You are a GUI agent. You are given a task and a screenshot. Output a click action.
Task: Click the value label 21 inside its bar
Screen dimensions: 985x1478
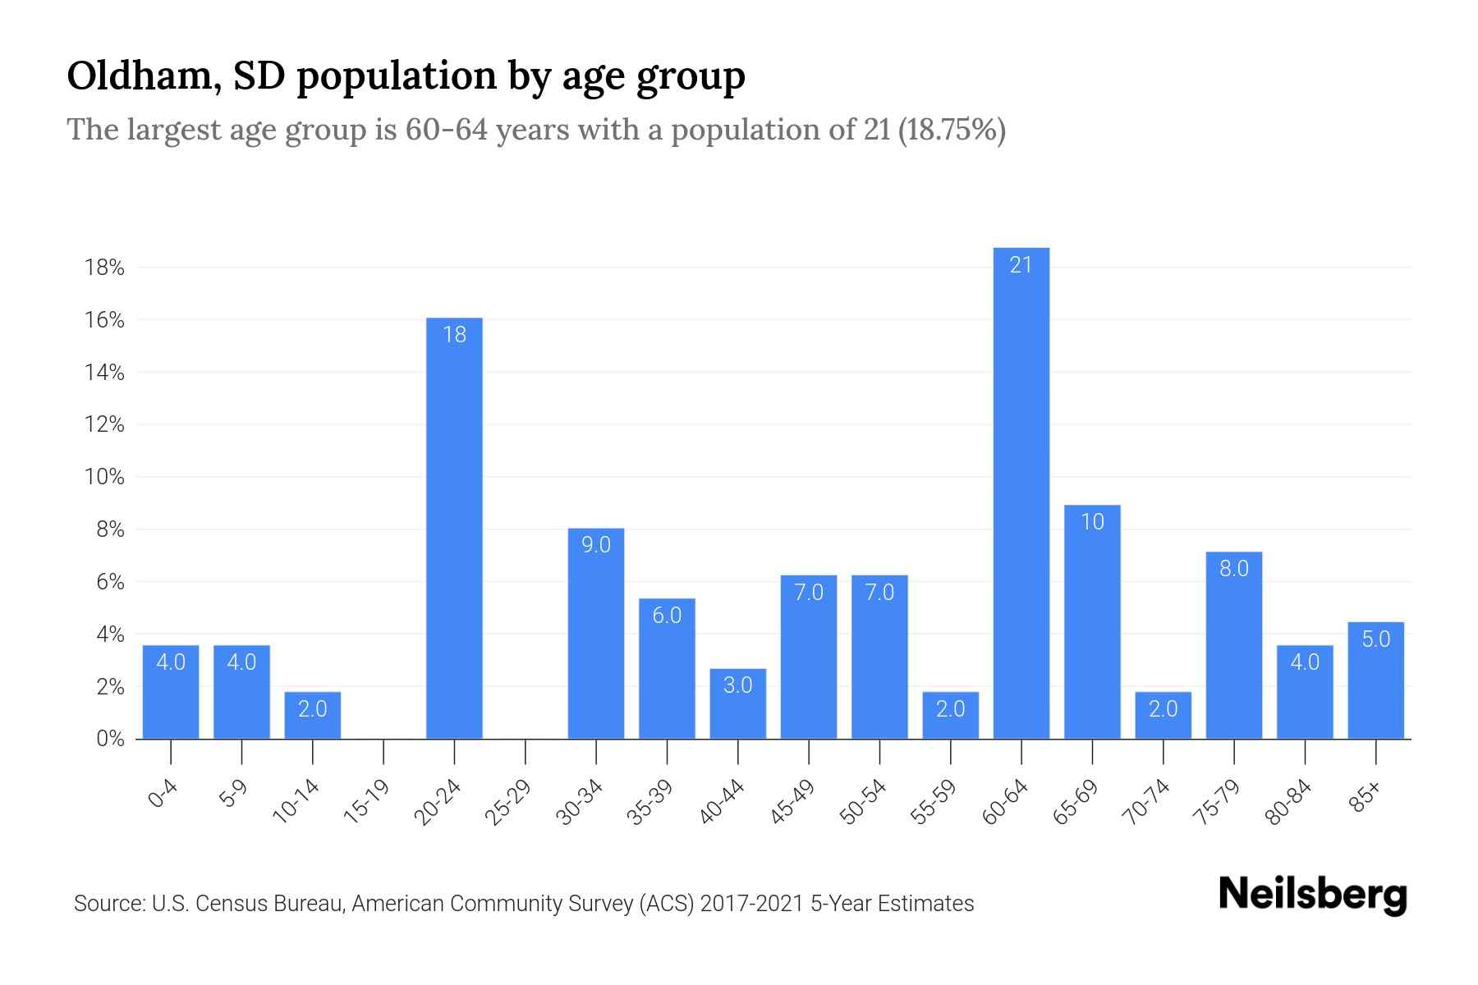(x=1021, y=265)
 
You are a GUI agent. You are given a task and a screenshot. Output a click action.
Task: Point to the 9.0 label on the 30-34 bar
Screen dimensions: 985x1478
(x=596, y=545)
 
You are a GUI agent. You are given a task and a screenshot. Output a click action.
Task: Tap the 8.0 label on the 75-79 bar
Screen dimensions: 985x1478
(x=1233, y=569)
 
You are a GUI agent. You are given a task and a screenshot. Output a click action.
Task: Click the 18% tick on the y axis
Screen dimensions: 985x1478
(x=103, y=268)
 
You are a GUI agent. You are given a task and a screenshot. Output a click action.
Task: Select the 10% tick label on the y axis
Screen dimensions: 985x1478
(x=103, y=477)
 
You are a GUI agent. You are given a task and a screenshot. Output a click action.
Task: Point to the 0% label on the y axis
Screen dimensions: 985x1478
(x=110, y=739)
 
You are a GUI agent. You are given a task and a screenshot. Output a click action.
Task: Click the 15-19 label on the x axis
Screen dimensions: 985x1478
(x=367, y=802)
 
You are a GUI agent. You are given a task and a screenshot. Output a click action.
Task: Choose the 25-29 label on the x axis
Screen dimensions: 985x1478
(x=508, y=802)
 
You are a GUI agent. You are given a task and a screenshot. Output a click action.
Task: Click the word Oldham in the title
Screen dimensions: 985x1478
(x=143, y=76)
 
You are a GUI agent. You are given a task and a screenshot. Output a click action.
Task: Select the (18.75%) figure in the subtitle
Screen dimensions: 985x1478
(x=952, y=131)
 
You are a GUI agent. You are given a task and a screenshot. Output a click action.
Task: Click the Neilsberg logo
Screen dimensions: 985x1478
(x=1312, y=895)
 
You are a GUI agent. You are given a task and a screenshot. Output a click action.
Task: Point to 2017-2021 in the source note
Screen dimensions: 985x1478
(x=752, y=904)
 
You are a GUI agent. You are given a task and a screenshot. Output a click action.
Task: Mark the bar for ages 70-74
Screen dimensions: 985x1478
(x=1163, y=716)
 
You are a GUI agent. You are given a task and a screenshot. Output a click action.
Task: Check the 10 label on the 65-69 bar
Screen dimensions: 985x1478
(x=1092, y=522)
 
